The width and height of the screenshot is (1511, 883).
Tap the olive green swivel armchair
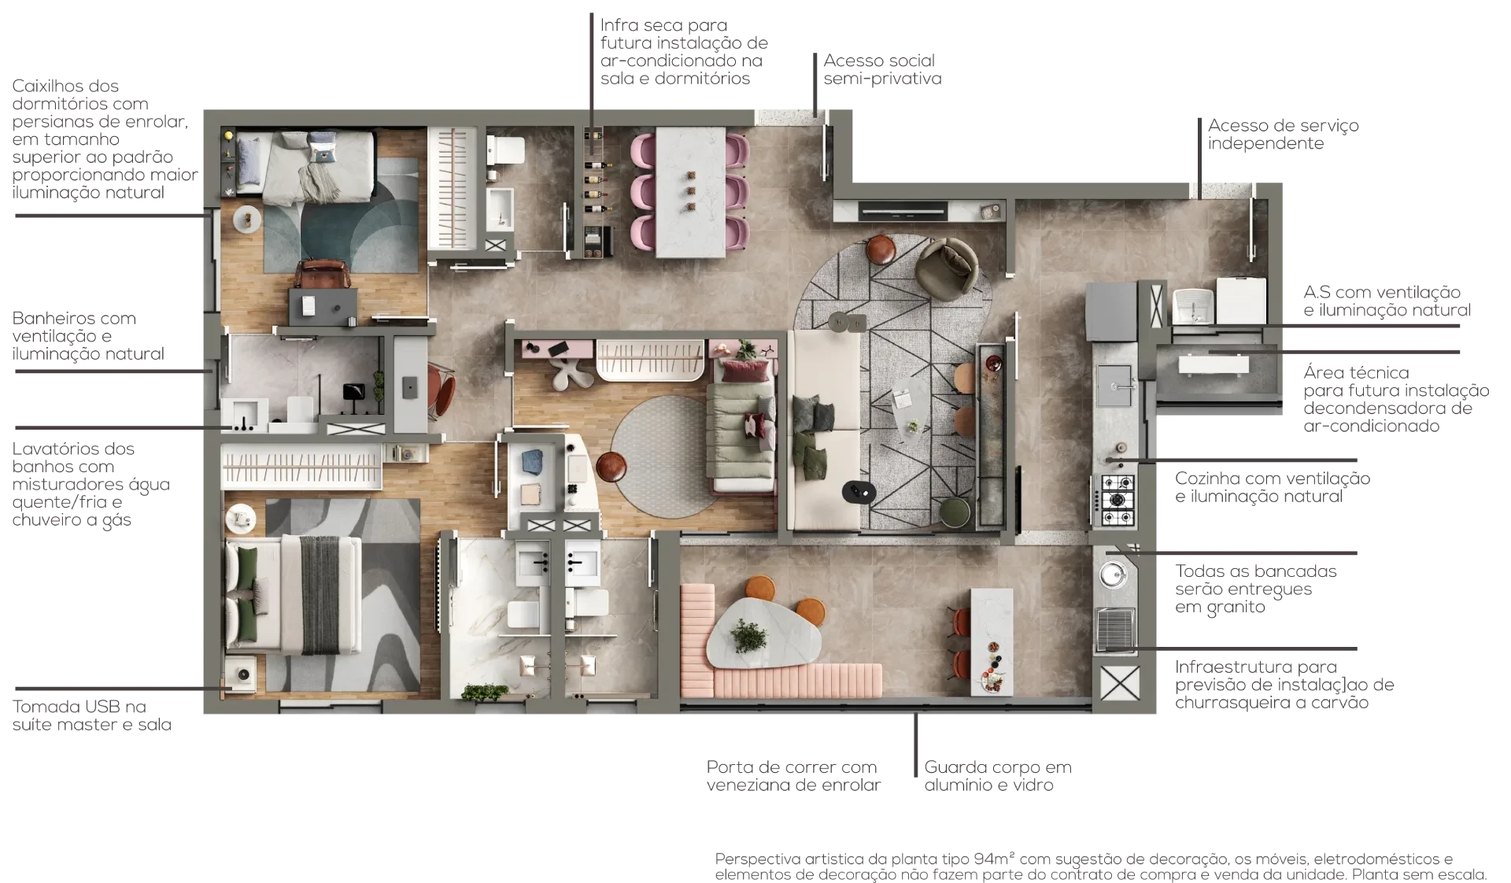tap(948, 268)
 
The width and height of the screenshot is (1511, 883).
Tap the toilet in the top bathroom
tap(506, 150)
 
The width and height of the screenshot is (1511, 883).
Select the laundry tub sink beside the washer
tap(1194, 305)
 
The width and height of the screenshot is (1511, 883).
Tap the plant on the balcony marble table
tap(748, 635)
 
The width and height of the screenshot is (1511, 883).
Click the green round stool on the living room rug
tap(956, 512)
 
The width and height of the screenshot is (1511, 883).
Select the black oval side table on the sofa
tap(859, 492)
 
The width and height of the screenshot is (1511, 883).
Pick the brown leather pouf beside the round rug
tap(611, 467)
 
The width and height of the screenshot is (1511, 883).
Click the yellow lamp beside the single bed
tap(228, 135)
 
